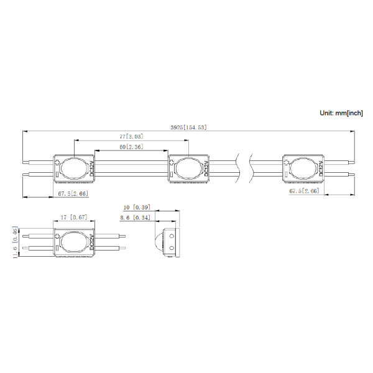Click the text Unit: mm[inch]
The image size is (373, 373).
coord(341,113)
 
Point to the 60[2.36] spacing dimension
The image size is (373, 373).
coord(131,147)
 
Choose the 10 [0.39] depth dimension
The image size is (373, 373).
coord(136,206)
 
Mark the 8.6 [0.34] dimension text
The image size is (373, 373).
coord(136,218)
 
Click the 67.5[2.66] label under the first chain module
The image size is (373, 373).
coord(73,193)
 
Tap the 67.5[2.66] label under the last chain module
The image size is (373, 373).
coord(304,191)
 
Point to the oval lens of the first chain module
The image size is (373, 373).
coord(75,168)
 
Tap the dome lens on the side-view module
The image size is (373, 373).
coord(157,243)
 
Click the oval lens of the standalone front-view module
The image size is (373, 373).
coord(74,243)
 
